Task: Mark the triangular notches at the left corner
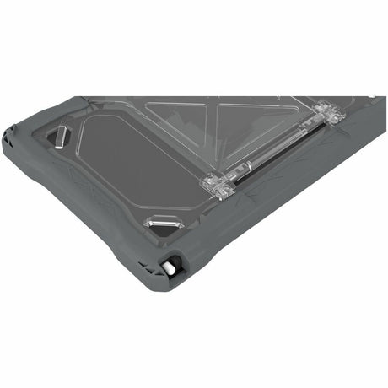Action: [x=9, y=132]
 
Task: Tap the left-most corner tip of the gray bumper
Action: [x=4, y=135]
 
